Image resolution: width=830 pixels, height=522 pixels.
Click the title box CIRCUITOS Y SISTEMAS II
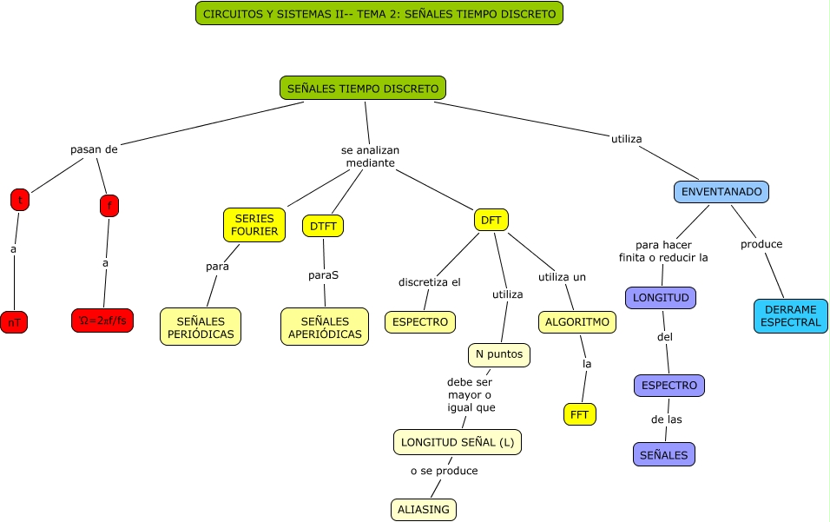coord(379,13)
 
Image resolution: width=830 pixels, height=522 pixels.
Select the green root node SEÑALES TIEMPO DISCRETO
coord(363,88)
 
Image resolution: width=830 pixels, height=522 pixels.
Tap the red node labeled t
coord(19,200)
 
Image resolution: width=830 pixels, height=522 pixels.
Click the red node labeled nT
coord(14,322)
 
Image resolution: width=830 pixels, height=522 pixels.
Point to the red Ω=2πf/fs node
coord(102,320)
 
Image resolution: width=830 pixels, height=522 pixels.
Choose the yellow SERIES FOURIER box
coord(254,225)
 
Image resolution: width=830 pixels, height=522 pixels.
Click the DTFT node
coord(323,226)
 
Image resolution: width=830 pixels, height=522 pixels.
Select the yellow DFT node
coord(491,220)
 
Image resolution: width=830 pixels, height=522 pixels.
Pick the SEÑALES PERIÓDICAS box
coord(201,327)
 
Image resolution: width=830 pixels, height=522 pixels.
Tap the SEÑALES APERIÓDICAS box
coord(325,327)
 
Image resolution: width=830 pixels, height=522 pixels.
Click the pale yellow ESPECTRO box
coord(420,322)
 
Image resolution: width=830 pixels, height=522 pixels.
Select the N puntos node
coord(499,354)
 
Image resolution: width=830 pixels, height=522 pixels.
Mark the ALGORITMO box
coord(578,322)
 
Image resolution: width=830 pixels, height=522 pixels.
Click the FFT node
coord(580,414)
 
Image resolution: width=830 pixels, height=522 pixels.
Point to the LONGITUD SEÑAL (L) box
coord(458,442)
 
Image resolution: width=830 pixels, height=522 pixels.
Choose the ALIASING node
coord(424,510)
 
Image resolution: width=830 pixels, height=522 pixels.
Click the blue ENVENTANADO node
coord(721,191)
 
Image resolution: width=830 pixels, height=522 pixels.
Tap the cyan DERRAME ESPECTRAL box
coord(790,316)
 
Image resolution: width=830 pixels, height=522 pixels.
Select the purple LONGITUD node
coord(661,298)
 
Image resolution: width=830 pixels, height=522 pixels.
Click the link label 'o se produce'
coord(444,471)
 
